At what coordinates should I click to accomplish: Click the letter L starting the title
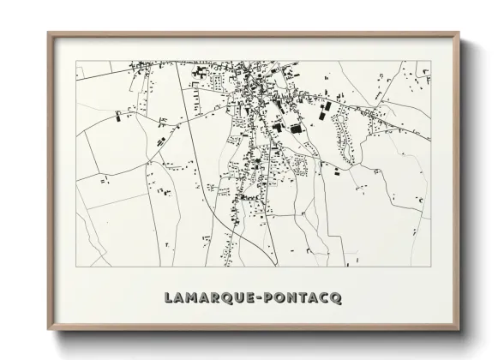coord(168,297)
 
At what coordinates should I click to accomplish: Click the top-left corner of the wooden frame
coord(47,33)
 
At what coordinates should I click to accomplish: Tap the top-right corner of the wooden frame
coord(461,33)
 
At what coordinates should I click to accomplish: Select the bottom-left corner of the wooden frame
coord(47,329)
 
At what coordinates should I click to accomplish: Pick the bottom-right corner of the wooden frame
coord(461,329)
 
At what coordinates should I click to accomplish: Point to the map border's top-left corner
coord(76,61)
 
